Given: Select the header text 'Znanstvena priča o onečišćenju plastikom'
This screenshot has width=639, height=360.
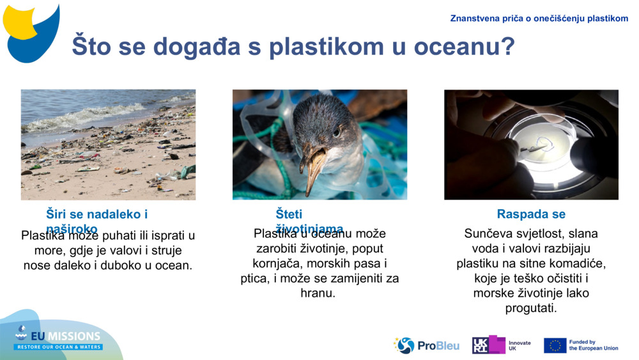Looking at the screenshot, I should click(539, 19).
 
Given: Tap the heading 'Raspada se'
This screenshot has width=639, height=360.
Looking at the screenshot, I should click(531, 214).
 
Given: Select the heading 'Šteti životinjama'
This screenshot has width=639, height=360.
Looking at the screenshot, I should click(309, 221).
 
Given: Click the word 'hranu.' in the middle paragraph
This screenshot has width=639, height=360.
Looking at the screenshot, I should click(318, 293).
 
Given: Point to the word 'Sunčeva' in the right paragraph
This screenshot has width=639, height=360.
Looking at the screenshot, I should click(488, 234).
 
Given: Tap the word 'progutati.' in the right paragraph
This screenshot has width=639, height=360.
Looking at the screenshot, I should click(531, 308).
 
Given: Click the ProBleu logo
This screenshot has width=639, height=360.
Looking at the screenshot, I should click(427, 345).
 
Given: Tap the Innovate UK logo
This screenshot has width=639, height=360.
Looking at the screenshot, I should click(502, 345).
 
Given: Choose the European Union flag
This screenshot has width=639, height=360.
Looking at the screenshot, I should click(555, 345).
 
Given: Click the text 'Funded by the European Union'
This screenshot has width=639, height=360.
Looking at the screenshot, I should click(593, 345).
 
